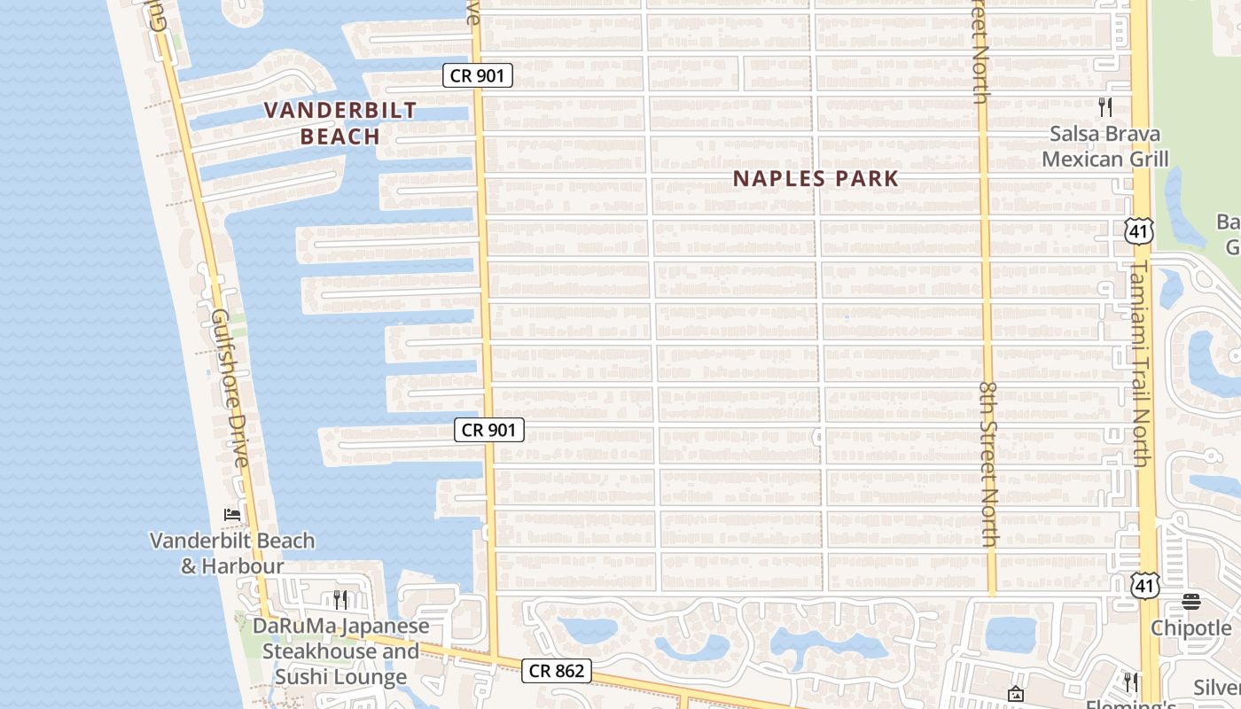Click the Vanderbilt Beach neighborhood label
coord(341,123)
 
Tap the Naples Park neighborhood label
coord(816,178)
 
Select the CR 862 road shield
coord(557,671)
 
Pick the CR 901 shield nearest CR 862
coord(489,430)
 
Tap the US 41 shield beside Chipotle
coord(1145,584)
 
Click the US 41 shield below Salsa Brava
coord(1137,232)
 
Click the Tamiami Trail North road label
coord(1140,363)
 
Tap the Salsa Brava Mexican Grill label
coord(1104,147)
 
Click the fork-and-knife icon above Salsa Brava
coord(1105,107)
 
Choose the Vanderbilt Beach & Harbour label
coord(232,553)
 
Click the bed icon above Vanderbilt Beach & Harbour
coord(232,515)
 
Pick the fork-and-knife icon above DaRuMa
coord(339,600)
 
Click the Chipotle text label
coord(1190,628)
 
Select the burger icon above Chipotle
coord(1191,602)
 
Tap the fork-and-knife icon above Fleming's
coord(1131,682)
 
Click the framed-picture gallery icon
coord(1016,694)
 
